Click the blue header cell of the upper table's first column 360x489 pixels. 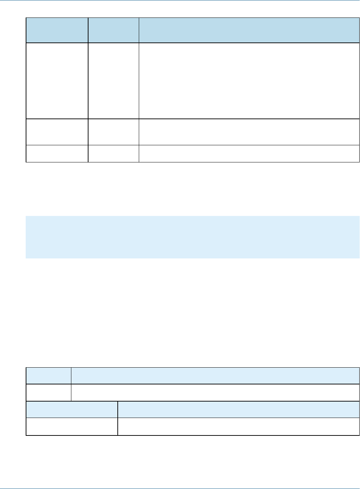(x=57, y=30)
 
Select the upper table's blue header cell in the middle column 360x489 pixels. (x=113, y=30)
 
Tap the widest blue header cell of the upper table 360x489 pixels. (x=249, y=30)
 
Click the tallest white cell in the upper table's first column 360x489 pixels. (x=57, y=81)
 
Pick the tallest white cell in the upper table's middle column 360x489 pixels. (x=113, y=81)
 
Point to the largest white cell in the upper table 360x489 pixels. (x=249, y=81)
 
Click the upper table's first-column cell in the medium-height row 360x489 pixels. (x=57, y=132)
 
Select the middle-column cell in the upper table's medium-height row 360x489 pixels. (x=113, y=132)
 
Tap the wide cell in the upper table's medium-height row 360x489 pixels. (x=249, y=132)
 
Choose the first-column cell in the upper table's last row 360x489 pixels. (x=57, y=153)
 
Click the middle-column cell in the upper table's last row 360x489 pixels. (x=113, y=153)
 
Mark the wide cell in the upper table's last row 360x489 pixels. (x=249, y=153)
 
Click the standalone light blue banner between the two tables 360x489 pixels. (x=193, y=237)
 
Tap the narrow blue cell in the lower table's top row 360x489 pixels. (x=49, y=375)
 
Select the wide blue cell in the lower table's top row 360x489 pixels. (x=215, y=375)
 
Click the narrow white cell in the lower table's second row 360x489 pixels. (x=49, y=392)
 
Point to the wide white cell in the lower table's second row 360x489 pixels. (x=215, y=392)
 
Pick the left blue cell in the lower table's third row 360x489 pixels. (x=72, y=409)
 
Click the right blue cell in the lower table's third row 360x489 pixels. (x=238, y=409)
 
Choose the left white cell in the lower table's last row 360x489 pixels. (x=72, y=427)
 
